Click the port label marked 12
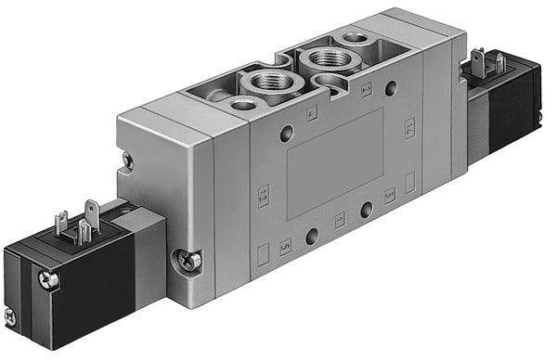tap(263, 196)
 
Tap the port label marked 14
tap(408, 128)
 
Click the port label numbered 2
tap(366, 90)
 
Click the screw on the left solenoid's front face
tap(48, 278)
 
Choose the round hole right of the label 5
tap(312, 236)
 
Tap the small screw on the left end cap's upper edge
tap(127, 161)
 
